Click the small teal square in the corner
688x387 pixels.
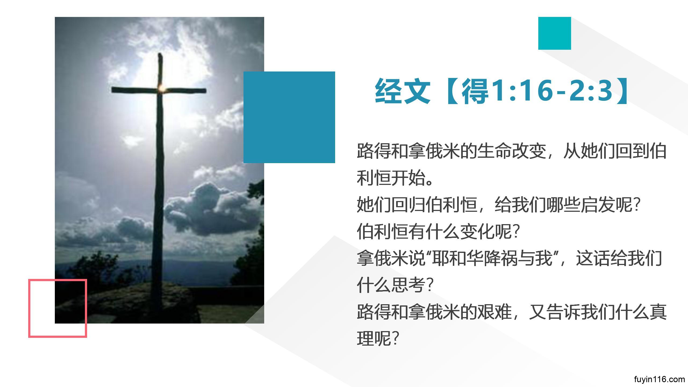coord(554,33)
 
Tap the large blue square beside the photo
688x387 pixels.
coord(289,117)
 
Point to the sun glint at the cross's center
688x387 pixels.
coord(162,88)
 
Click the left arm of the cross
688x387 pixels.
coord(134,89)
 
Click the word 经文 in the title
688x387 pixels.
coord(403,91)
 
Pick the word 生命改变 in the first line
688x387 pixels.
coord(512,151)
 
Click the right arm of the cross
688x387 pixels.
coord(186,90)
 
